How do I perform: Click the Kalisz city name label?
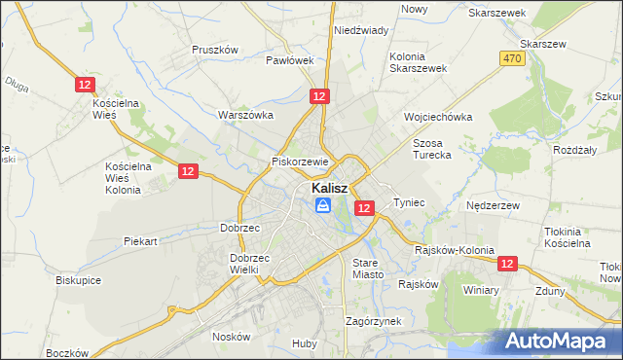[x=331, y=188]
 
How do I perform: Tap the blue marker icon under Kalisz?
[x=323, y=205]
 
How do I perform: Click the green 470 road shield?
[x=513, y=59]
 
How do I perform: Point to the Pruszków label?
[x=215, y=50]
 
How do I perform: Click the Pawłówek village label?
[x=290, y=59]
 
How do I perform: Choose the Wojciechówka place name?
[x=438, y=117]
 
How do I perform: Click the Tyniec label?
[x=409, y=202]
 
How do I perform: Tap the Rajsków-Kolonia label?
[x=455, y=250]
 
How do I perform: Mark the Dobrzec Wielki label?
[x=250, y=265]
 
